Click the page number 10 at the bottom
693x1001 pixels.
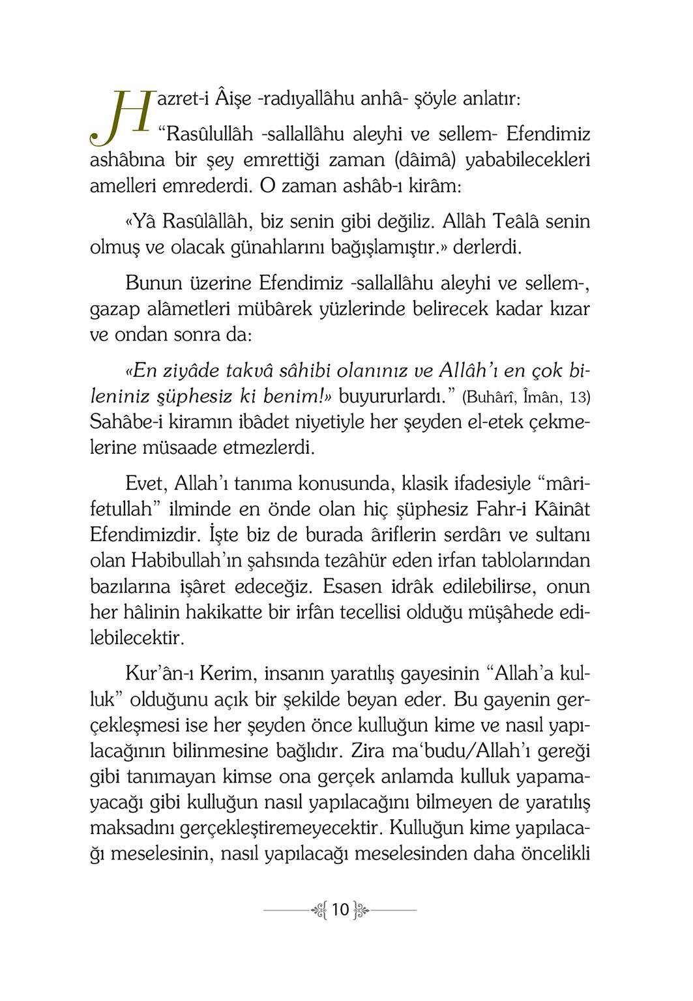pyautogui.click(x=340, y=909)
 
